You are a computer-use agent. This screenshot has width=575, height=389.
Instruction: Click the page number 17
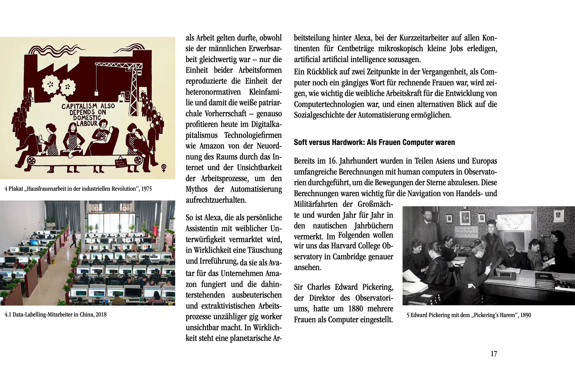tap(494, 354)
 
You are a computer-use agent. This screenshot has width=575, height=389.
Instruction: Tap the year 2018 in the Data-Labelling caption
tap(101, 314)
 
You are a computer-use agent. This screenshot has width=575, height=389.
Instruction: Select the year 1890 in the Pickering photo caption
tap(526, 315)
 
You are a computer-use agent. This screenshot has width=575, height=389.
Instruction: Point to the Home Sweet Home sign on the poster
tap(121, 163)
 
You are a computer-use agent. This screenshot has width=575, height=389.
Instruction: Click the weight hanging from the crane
tap(97, 92)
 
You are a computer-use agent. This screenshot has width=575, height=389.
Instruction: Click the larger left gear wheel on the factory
tap(51, 84)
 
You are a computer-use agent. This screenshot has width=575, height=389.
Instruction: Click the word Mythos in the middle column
tap(196, 189)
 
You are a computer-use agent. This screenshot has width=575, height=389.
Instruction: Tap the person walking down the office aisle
tap(74, 240)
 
